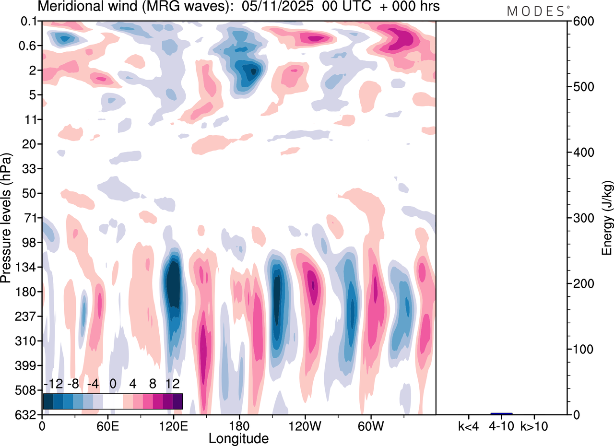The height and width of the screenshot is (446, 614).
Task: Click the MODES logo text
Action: (x=536, y=12)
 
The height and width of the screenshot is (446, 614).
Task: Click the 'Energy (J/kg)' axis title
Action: (x=607, y=218)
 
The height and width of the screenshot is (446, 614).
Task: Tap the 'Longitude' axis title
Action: (x=238, y=438)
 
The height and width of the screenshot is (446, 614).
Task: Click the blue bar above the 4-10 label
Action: (x=501, y=413)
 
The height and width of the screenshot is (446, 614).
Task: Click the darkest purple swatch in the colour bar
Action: (x=177, y=401)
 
